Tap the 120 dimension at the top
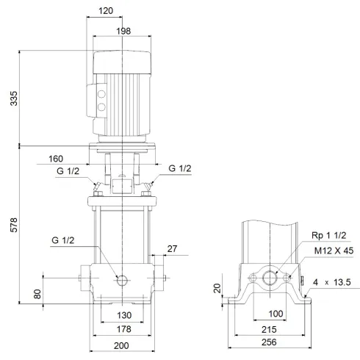pyautogui.click(x=107, y=12)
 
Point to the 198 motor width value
pyautogui.click(x=122, y=30)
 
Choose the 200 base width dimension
pyautogui.click(x=122, y=345)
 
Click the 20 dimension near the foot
pyautogui.click(x=217, y=288)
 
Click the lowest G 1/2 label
pyautogui.click(x=62, y=240)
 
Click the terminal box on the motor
pyautogui.click(x=96, y=102)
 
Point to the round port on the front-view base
pyautogui.click(x=122, y=280)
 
